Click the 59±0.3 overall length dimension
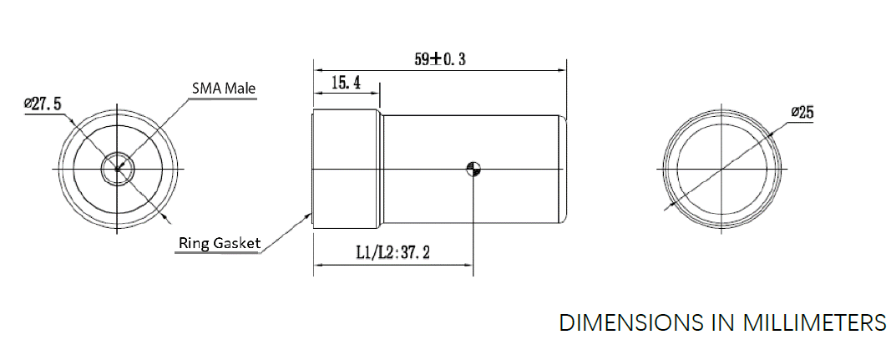(439, 59)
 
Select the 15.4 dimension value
(346, 82)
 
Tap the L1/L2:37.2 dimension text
(392, 253)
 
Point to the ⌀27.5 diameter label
(43, 103)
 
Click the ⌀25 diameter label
(801, 114)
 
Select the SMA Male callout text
(224, 88)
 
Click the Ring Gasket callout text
(219, 244)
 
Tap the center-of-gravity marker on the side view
(473, 170)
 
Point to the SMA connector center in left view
(117, 170)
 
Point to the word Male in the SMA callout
(240, 88)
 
